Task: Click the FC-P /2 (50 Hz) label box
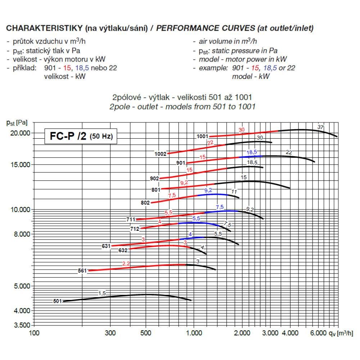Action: (80, 136)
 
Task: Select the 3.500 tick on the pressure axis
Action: (23, 325)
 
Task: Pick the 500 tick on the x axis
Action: (146, 333)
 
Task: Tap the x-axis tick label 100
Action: (34, 333)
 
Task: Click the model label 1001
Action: (202, 136)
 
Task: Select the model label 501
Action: (58, 301)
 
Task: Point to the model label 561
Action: (82, 271)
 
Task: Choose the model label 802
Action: (145, 203)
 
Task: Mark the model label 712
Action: (135, 229)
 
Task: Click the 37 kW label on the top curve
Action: (320, 127)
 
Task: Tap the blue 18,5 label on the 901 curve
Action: (252, 152)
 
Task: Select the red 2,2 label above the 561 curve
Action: (126, 264)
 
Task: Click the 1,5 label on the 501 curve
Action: (102, 293)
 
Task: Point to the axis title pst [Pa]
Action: (17, 123)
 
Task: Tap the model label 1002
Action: (161, 154)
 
